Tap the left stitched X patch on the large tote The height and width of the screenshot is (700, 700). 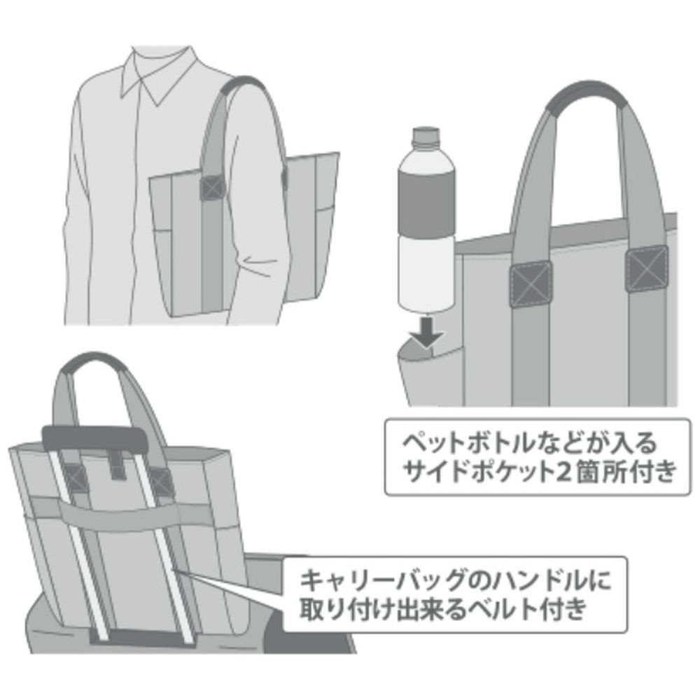(x=531, y=284)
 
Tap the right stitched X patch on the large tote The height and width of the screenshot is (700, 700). (x=645, y=268)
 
